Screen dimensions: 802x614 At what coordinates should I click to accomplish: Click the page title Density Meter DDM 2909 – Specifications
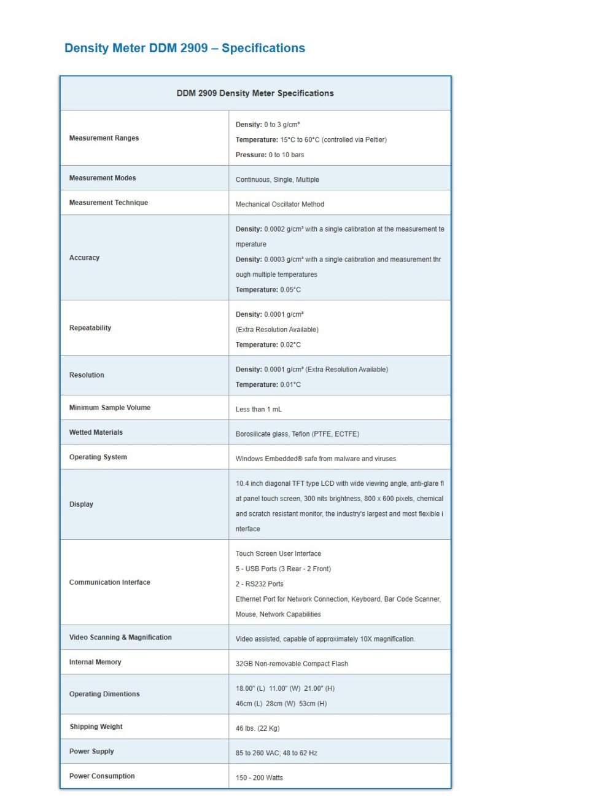pyautogui.click(x=184, y=48)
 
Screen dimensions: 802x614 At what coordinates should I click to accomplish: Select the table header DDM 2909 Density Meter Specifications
pyautogui.click(x=255, y=93)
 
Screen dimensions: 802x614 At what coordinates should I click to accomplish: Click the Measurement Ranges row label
pyautogui.click(x=104, y=138)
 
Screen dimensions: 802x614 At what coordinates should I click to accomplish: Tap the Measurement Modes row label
pyautogui.click(x=103, y=178)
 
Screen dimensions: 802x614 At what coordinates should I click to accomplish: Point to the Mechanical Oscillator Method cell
pyautogui.click(x=279, y=204)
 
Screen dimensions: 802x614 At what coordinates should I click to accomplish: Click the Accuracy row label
pyautogui.click(x=84, y=258)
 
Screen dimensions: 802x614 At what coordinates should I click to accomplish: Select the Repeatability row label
pyautogui.click(x=90, y=328)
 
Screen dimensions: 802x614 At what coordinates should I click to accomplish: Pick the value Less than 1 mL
pyautogui.click(x=258, y=410)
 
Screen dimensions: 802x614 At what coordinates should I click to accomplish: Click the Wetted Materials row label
pyautogui.click(x=96, y=432)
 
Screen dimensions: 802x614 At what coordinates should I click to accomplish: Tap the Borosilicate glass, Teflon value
pyautogui.click(x=297, y=434)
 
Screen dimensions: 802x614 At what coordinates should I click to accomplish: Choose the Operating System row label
pyautogui.click(x=98, y=457)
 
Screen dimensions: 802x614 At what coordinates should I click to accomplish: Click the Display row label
pyautogui.click(x=81, y=504)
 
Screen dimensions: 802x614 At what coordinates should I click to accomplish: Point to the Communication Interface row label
pyautogui.click(x=109, y=582)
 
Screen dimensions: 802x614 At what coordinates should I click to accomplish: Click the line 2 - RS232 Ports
pyautogui.click(x=259, y=584)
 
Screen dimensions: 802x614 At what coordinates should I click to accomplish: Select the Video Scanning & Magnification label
pyautogui.click(x=120, y=637)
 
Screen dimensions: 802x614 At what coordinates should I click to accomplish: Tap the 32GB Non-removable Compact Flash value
pyautogui.click(x=292, y=664)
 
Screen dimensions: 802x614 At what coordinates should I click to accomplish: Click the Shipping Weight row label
pyautogui.click(x=96, y=726)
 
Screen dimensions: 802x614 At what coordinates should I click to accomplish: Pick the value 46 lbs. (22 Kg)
pyautogui.click(x=257, y=728)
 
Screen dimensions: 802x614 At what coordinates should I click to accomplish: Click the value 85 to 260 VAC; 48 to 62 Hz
pyautogui.click(x=276, y=753)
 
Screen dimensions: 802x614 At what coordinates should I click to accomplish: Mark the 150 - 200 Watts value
pyautogui.click(x=259, y=777)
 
